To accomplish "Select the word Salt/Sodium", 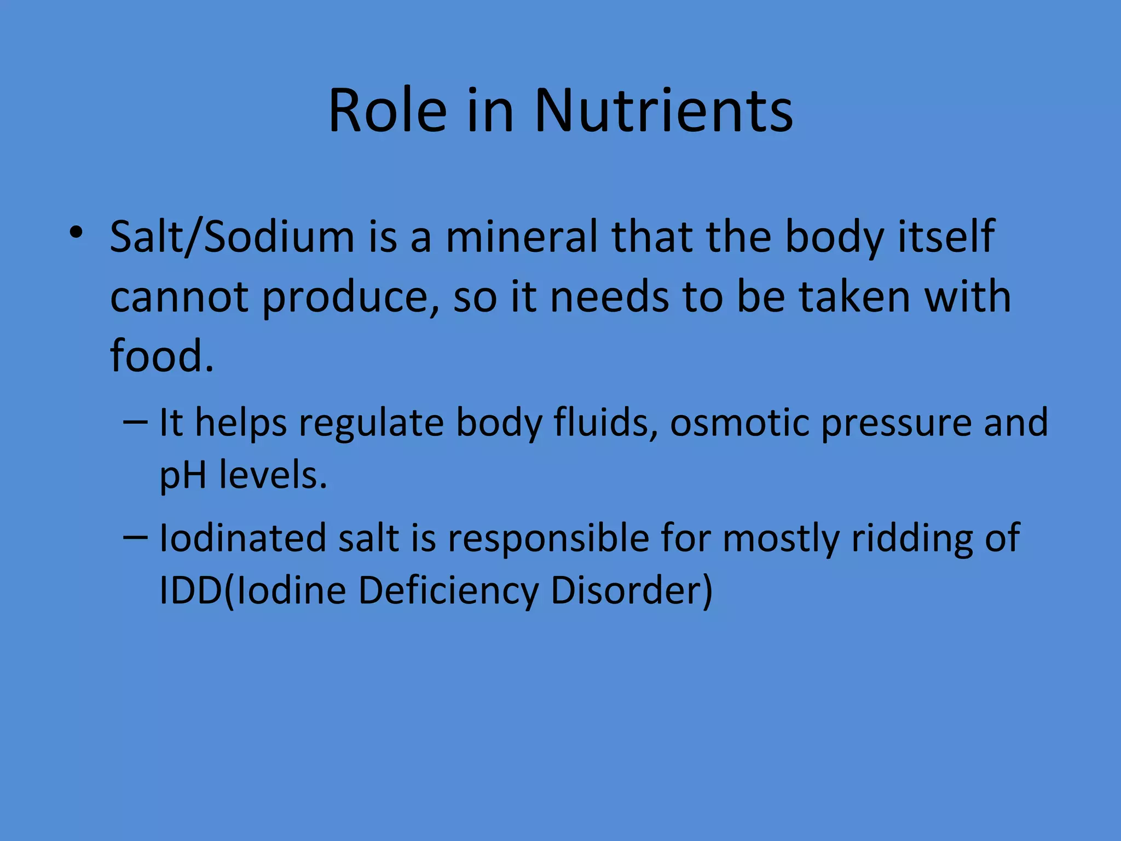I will click(x=232, y=238).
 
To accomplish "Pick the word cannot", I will click(x=179, y=297).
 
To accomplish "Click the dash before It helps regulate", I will click(x=135, y=422).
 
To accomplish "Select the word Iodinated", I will click(x=242, y=538).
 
